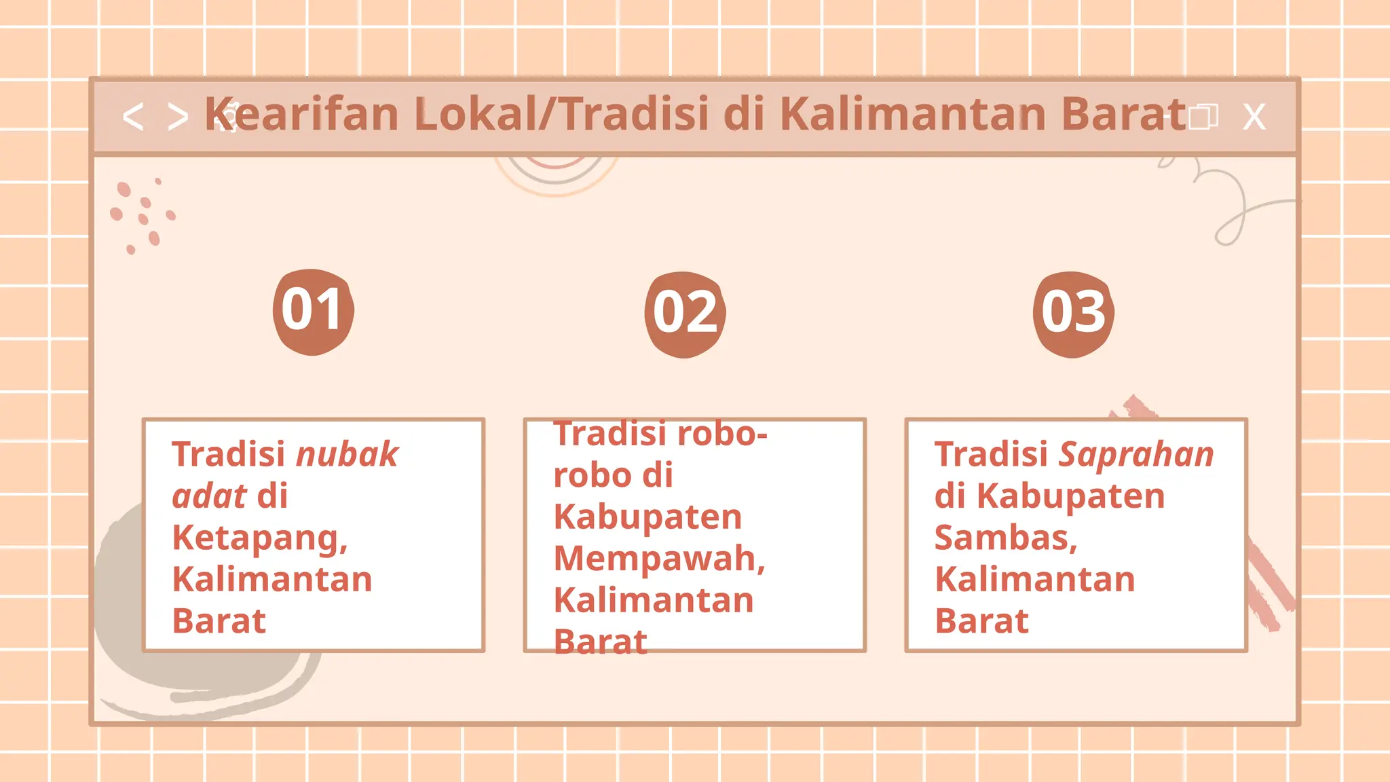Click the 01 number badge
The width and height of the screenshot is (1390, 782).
point(313,312)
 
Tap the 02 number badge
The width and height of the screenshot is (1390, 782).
point(685,314)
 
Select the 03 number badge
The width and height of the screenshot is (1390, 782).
point(1073,314)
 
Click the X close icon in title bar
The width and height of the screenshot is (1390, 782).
point(1254,117)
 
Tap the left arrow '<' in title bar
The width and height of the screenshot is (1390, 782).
point(133,117)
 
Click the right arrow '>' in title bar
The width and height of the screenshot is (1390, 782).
point(178,117)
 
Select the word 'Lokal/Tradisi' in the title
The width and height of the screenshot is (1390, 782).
point(563,113)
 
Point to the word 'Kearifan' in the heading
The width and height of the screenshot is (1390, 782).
point(302,113)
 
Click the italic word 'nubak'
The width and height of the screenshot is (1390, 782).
point(347,454)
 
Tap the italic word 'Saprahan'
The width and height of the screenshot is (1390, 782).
point(1136,454)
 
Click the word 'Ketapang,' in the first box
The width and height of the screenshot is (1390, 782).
point(260,538)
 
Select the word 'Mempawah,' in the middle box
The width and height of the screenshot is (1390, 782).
point(659,559)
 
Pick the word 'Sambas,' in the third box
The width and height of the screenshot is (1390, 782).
point(1006,538)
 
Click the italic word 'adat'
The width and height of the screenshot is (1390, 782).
point(209,496)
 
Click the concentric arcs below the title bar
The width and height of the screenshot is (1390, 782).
point(556,174)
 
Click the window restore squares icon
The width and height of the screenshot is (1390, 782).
point(1203,117)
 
